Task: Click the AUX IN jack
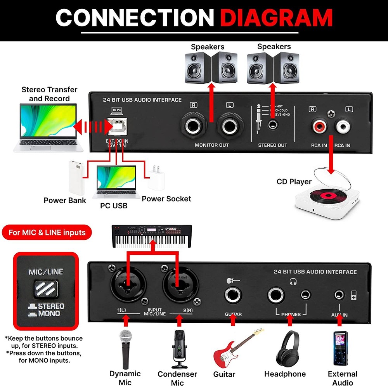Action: coord(340,294)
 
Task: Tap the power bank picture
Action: coord(76,177)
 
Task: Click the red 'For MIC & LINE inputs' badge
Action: coord(47,233)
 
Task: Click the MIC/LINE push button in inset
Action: coord(46,289)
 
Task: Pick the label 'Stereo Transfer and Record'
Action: coord(49,94)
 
